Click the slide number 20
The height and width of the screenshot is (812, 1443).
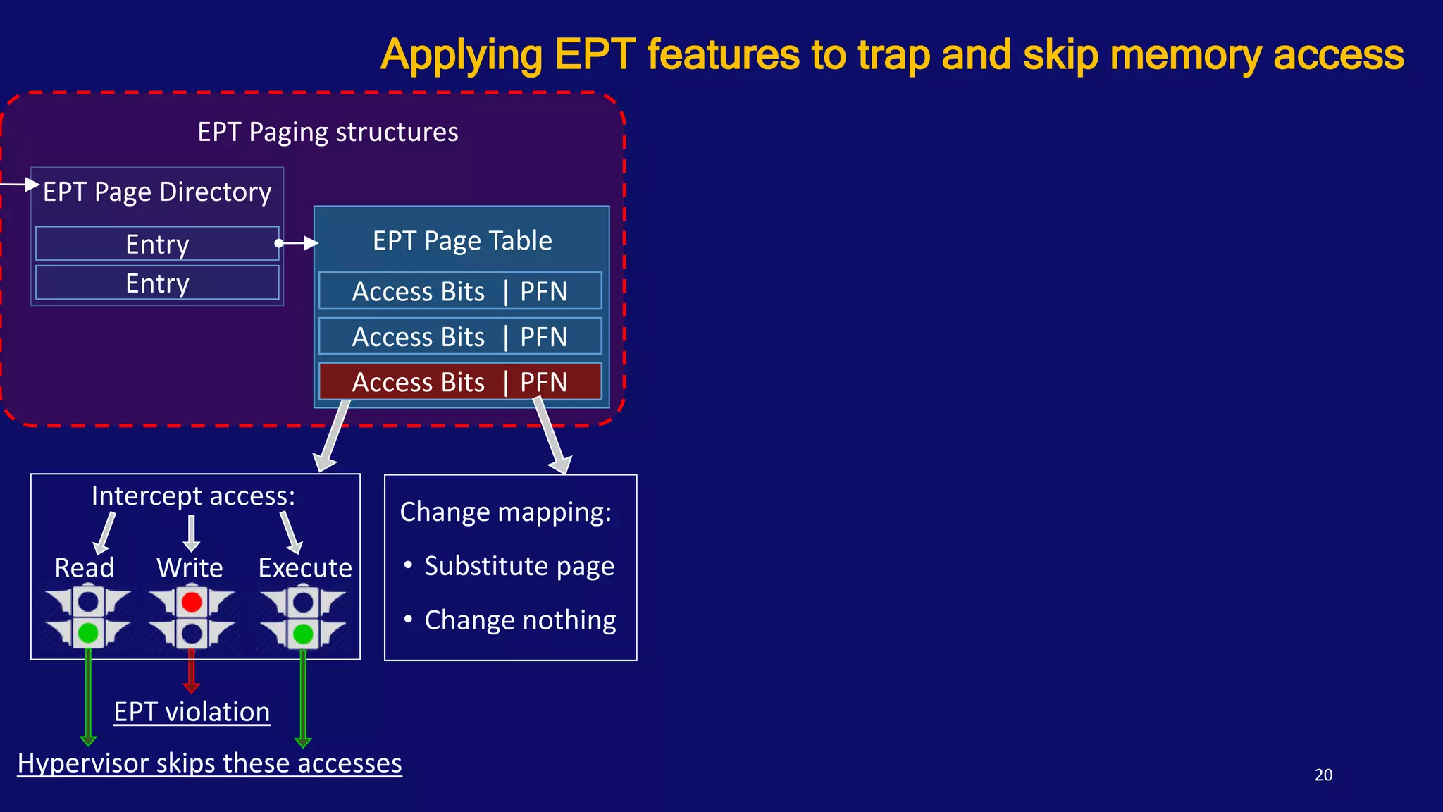point(1323,775)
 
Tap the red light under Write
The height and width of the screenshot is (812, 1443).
point(192,602)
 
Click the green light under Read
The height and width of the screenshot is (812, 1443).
point(88,632)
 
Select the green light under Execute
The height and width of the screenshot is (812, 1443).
point(303,634)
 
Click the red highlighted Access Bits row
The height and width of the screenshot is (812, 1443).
point(460,382)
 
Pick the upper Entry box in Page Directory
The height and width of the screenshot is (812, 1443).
point(157,244)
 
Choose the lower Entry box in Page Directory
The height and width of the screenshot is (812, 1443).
point(157,283)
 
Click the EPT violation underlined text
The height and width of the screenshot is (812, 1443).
point(192,712)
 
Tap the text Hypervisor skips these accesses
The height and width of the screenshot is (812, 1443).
point(209,763)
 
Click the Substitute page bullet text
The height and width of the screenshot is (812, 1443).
point(519,566)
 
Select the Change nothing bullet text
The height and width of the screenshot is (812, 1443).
point(520,620)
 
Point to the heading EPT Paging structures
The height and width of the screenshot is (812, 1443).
point(328,133)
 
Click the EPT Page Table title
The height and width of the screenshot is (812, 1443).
point(462,241)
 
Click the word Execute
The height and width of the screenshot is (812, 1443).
point(305,568)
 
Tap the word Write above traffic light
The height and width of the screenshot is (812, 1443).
point(190,568)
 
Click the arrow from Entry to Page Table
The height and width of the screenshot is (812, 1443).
point(297,243)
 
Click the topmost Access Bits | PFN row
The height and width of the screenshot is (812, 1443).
point(460,291)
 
